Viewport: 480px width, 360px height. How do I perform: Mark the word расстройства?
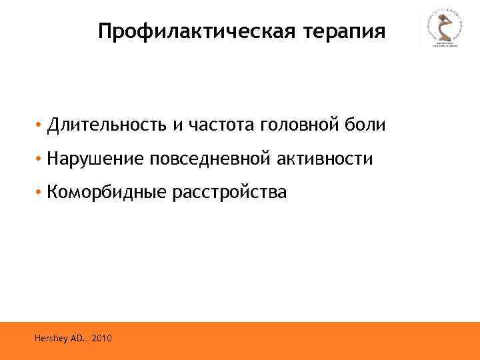click(230, 193)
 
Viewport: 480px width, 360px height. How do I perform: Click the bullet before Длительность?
click(40, 125)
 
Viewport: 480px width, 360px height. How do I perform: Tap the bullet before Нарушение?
click(40, 160)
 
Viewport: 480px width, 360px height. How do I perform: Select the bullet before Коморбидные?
click(40, 194)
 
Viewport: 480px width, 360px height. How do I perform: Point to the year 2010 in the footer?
click(103, 339)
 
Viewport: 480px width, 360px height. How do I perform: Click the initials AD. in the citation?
click(79, 339)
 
